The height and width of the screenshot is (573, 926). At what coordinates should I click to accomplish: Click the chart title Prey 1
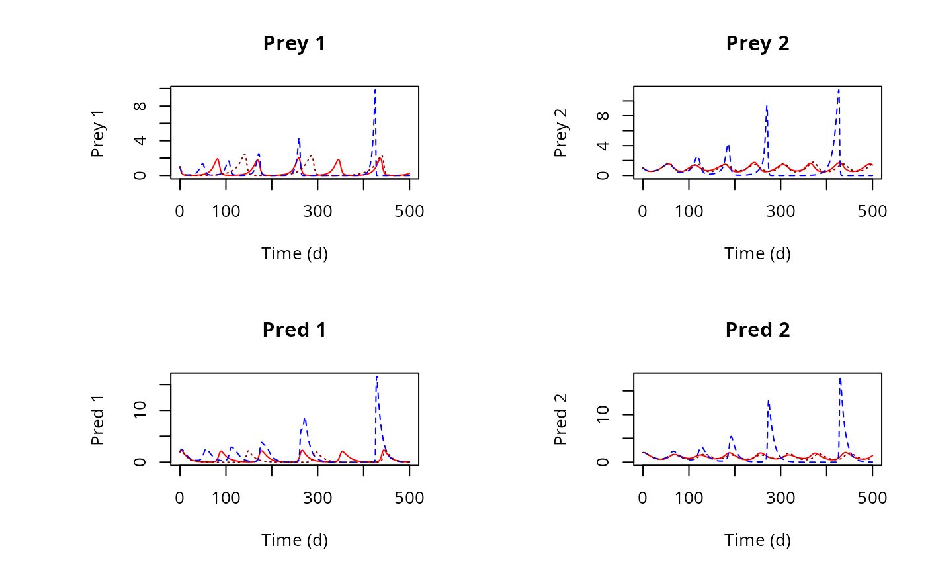click(294, 44)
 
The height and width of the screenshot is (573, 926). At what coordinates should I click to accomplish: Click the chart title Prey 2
click(757, 44)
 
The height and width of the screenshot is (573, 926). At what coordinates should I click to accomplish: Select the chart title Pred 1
click(294, 330)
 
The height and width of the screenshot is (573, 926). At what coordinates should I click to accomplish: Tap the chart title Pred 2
click(757, 330)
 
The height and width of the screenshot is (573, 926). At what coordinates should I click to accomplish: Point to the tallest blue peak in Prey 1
click(375, 89)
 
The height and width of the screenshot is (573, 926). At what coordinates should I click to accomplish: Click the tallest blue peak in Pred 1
click(376, 376)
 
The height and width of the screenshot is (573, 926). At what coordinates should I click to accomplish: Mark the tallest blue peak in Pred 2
click(839, 378)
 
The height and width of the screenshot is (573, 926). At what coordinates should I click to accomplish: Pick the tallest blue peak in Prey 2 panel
click(839, 89)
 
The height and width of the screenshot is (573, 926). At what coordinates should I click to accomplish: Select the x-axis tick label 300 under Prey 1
click(317, 212)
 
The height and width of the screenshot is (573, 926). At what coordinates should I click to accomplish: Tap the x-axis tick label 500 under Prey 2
click(872, 212)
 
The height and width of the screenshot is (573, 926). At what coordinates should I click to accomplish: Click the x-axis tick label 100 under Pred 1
click(226, 498)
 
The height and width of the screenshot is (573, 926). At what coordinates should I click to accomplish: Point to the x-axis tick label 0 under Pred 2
click(642, 498)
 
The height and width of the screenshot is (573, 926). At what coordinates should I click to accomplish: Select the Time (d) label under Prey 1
click(294, 253)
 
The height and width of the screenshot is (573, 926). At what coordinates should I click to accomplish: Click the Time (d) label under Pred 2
click(757, 540)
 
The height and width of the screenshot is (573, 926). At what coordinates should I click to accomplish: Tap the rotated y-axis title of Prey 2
click(561, 132)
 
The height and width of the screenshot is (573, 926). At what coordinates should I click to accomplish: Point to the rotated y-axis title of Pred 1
click(98, 419)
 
